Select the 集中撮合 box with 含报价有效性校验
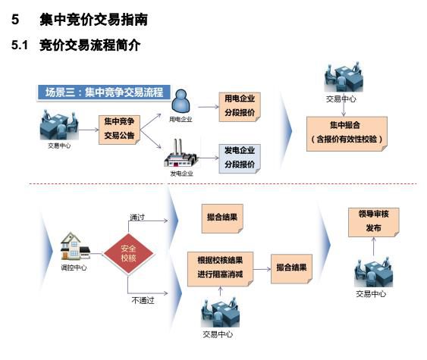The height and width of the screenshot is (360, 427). point(346,132)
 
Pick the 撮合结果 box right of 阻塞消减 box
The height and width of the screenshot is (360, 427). point(292,268)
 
